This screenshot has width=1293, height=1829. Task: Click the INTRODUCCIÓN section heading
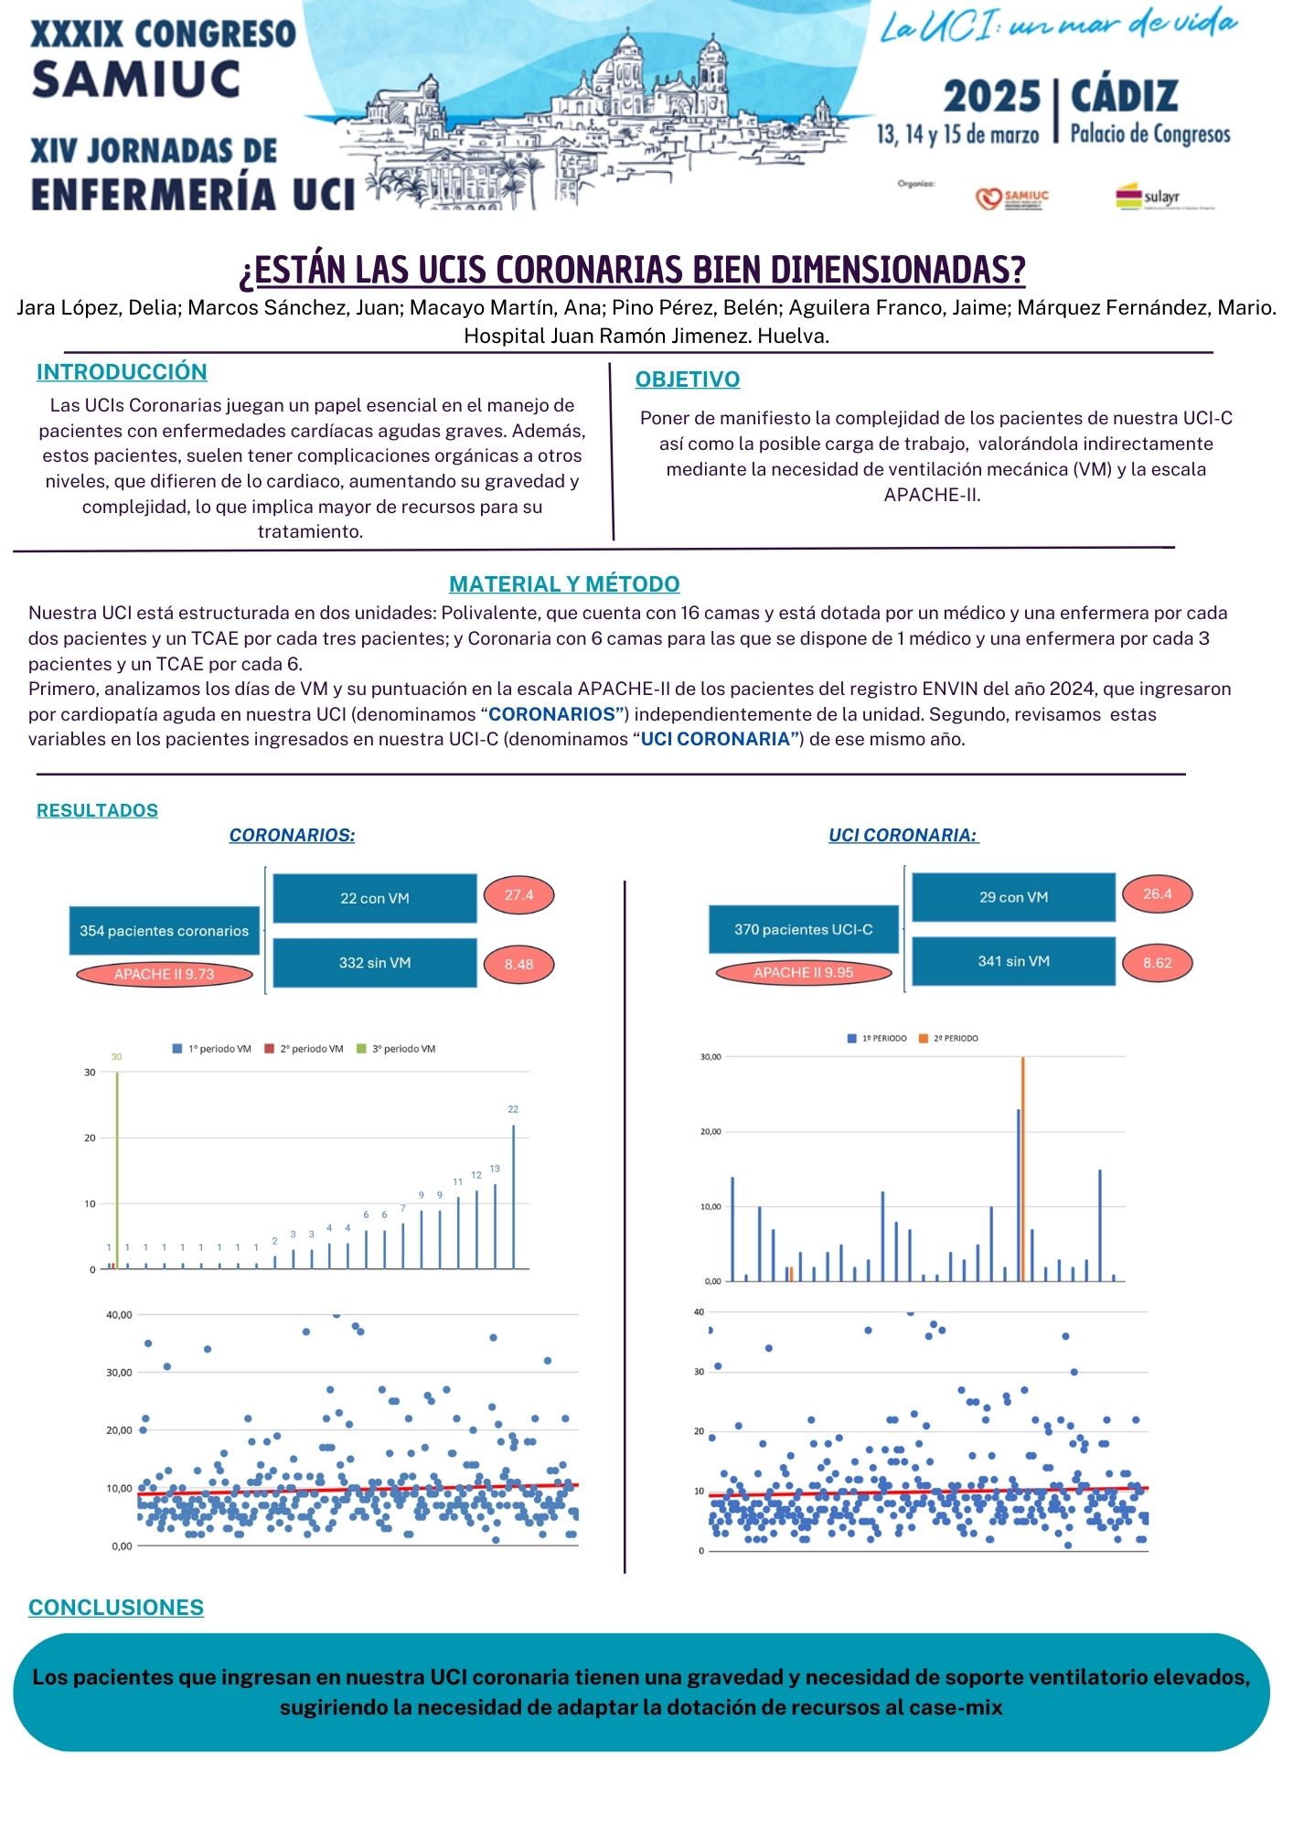click(122, 372)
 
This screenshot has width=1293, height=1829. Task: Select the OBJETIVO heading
click(688, 380)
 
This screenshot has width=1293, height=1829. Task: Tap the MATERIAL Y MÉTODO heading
click(564, 584)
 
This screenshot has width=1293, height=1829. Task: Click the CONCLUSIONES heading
click(116, 1608)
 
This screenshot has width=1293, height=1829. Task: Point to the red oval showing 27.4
click(518, 895)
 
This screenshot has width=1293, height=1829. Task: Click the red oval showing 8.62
click(1157, 963)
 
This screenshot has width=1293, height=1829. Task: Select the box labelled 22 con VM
click(375, 898)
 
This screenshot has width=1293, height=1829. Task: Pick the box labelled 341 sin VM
click(1013, 961)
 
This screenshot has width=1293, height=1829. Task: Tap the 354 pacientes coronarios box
click(165, 931)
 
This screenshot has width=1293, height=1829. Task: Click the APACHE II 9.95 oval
click(803, 972)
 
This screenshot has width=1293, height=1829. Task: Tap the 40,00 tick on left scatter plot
click(120, 1315)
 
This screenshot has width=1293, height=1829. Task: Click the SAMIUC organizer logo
click(1012, 198)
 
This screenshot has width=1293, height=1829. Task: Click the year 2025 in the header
click(992, 97)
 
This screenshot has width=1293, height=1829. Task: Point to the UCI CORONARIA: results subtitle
click(903, 835)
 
